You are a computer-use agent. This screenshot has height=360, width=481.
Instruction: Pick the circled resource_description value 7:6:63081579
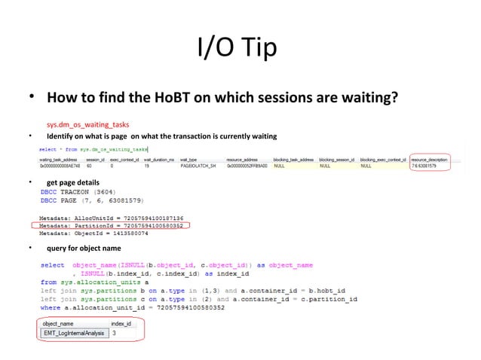tap(429, 166)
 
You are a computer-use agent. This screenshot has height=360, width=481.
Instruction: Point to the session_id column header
tap(93, 160)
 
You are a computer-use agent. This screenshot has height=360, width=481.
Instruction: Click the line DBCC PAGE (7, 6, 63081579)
tap(94, 200)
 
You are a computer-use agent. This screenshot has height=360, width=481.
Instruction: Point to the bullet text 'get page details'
tap(73, 182)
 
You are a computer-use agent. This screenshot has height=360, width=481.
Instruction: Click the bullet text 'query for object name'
tap(83, 248)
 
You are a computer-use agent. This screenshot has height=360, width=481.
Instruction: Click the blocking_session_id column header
tap(336, 160)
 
